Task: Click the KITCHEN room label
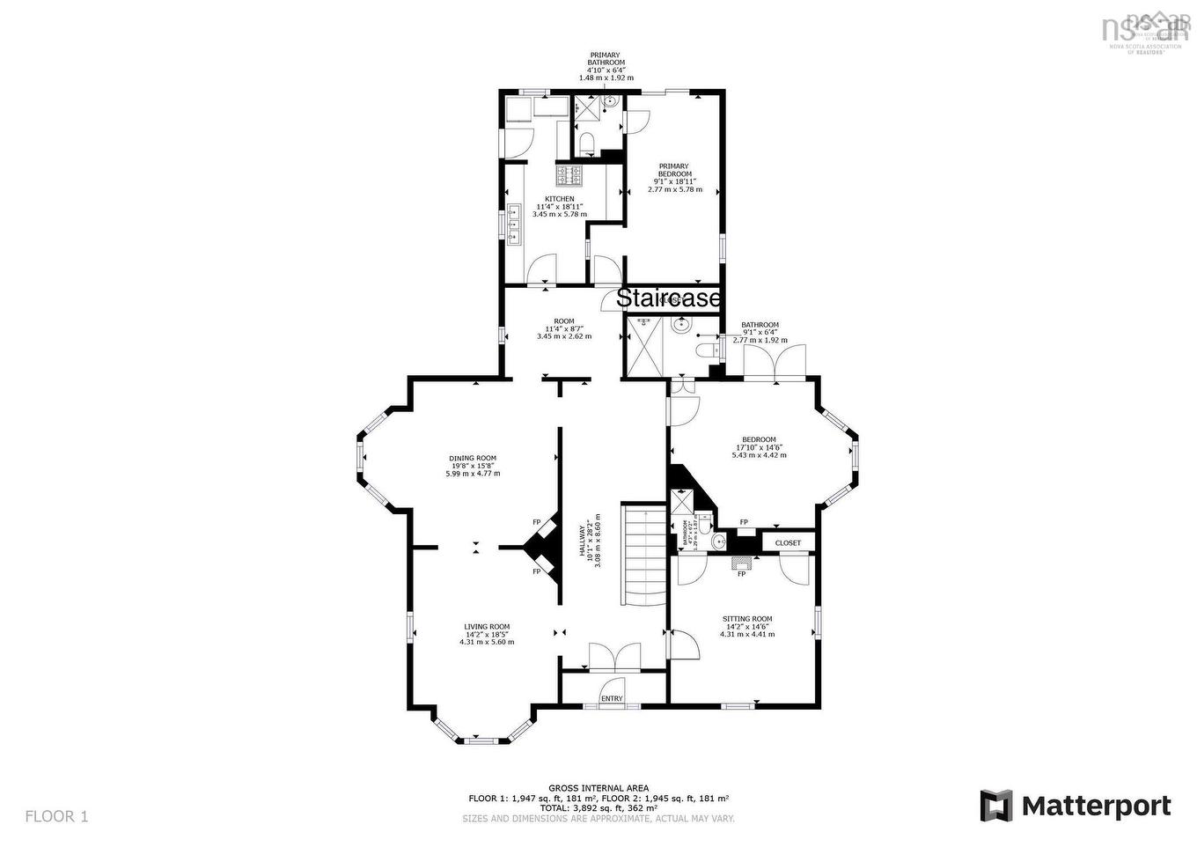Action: click(559, 199)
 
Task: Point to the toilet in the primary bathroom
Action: click(589, 144)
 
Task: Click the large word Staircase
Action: click(669, 298)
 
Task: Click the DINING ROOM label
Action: click(473, 458)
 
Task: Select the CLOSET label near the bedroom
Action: click(788, 543)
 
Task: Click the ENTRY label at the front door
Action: click(612, 699)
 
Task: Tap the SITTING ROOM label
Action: click(747, 619)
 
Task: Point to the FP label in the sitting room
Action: click(741, 574)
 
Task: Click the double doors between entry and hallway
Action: click(614, 657)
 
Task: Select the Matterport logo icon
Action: click(996, 806)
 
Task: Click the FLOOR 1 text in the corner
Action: click(56, 816)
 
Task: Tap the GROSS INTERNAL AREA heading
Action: click(598, 788)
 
